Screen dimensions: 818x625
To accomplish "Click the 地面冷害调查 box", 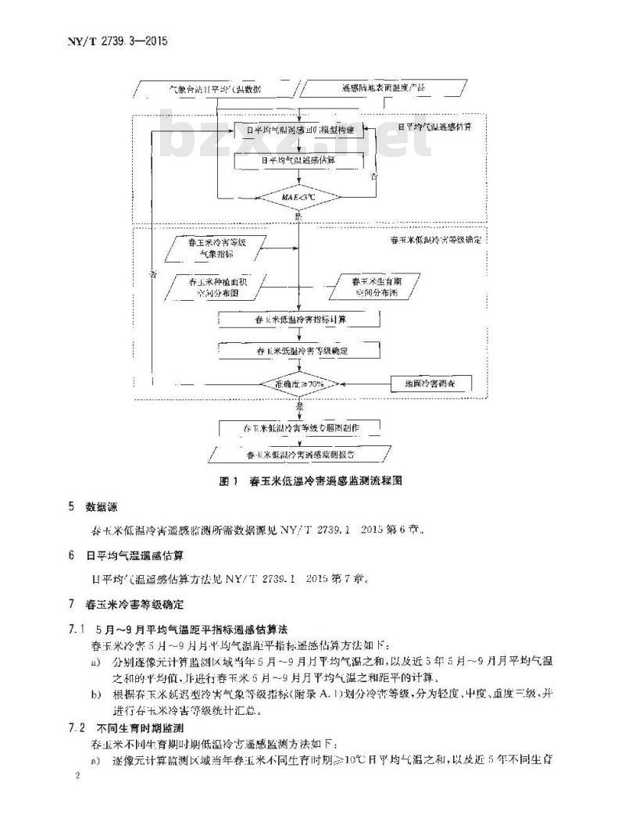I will pos(427,384).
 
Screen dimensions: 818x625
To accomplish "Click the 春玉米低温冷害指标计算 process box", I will pos(299,320).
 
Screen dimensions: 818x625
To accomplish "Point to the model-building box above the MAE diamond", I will pos(300,129).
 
